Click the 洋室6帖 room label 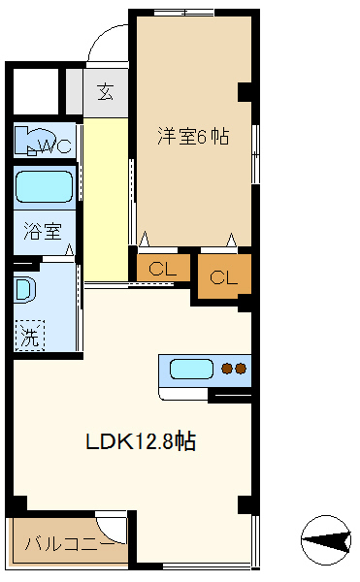[193, 138]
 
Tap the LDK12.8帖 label [142, 441]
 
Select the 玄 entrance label [106, 94]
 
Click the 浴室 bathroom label [43, 232]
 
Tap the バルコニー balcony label [63, 544]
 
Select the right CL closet [223, 276]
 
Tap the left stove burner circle [228, 369]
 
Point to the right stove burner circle [242, 369]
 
